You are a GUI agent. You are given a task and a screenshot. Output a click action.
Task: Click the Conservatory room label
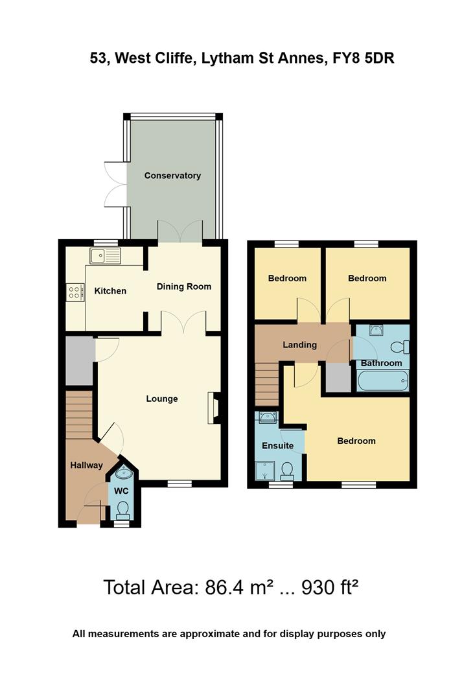pos(172,176)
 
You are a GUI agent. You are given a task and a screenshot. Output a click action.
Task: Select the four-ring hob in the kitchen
pos(75,292)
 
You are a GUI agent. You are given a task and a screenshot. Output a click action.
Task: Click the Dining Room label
pos(184,286)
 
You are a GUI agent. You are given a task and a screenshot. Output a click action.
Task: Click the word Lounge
pos(162,399)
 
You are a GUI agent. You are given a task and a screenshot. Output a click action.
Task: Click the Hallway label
pos(87,465)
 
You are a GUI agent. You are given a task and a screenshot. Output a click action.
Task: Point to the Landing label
pos(299,345)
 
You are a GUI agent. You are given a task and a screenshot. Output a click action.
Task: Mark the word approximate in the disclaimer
pos(208,634)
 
